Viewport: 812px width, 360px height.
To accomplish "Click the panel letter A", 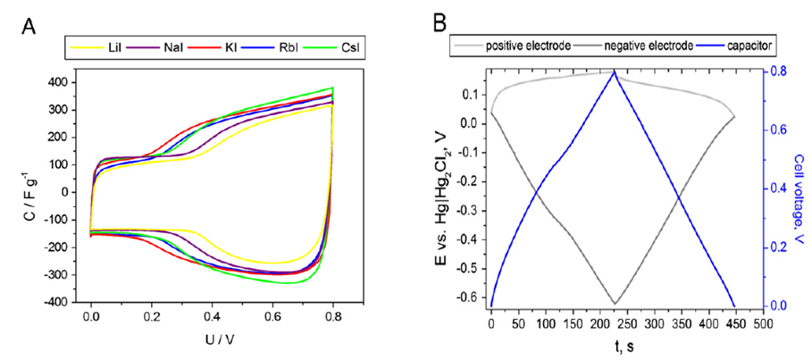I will [x=29, y=27].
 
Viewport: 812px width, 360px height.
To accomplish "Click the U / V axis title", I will [x=212, y=339].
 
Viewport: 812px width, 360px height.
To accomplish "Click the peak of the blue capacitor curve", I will [x=615, y=71].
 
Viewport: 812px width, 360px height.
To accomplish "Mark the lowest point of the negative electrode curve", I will [x=615, y=304].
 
